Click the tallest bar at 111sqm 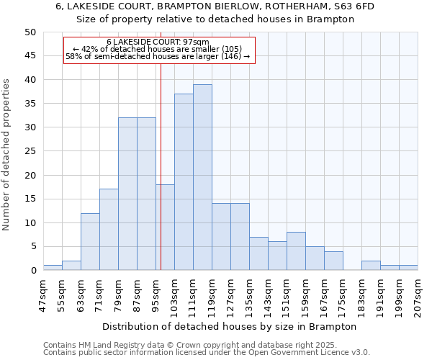(202, 177)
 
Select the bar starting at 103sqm (184, 182)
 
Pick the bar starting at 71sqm (109, 230)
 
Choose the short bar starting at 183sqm (371, 266)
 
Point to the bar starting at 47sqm (53, 268)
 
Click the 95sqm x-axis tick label (156, 293)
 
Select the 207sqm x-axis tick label (418, 293)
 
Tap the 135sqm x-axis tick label (249, 293)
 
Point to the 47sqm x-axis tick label (43, 293)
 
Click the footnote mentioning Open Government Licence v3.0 (207, 353)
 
